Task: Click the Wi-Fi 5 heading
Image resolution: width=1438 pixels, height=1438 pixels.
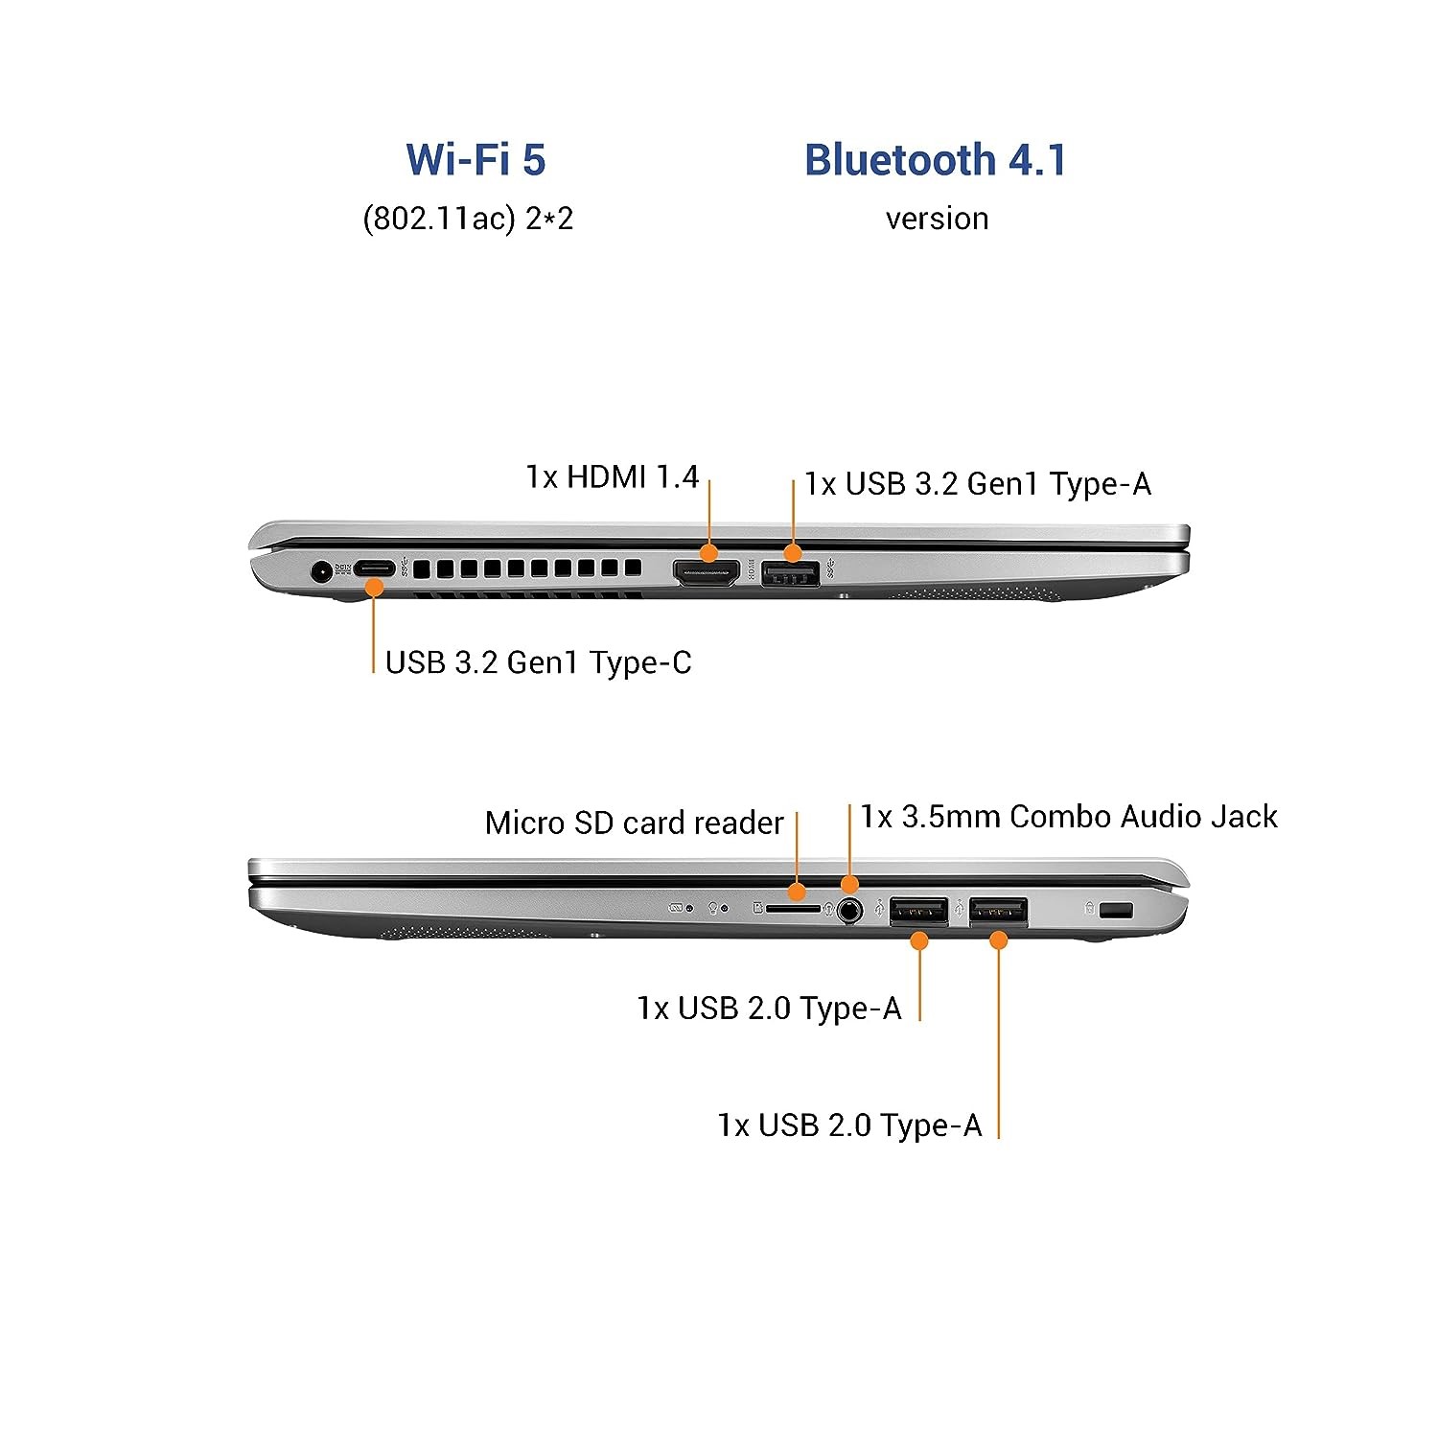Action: [x=475, y=159]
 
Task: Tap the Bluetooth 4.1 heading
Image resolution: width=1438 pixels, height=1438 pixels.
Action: [x=935, y=159]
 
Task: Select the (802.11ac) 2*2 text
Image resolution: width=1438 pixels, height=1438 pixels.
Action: [x=468, y=219]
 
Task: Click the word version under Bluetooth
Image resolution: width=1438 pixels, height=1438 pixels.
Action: [x=937, y=219]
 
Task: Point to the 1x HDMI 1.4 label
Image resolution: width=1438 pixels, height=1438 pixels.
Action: [x=612, y=476]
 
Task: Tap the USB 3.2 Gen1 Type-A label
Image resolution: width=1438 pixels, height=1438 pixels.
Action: [x=977, y=484]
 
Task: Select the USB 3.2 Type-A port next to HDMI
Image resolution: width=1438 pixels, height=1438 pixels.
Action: [x=791, y=574]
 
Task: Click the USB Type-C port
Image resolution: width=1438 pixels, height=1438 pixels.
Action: [x=374, y=568]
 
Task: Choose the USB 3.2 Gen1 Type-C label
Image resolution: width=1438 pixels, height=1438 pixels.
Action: [x=538, y=662]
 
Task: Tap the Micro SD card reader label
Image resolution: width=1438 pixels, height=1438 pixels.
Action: [x=634, y=823]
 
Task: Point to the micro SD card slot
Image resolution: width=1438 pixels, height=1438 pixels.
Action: [x=793, y=907]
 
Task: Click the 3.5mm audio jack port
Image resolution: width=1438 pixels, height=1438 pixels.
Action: [x=847, y=909]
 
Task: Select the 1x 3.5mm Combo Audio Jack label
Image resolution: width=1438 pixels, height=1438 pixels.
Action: [x=1069, y=817]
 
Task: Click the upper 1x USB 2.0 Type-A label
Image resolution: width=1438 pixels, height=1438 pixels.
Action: [x=769, y=1009]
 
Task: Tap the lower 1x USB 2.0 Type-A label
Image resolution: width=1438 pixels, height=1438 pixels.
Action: [x=849, y=1125]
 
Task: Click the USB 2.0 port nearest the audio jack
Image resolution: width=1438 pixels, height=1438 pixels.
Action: [x=918, y=911]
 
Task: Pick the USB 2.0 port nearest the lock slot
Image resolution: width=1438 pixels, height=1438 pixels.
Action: [x=998, y=911]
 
